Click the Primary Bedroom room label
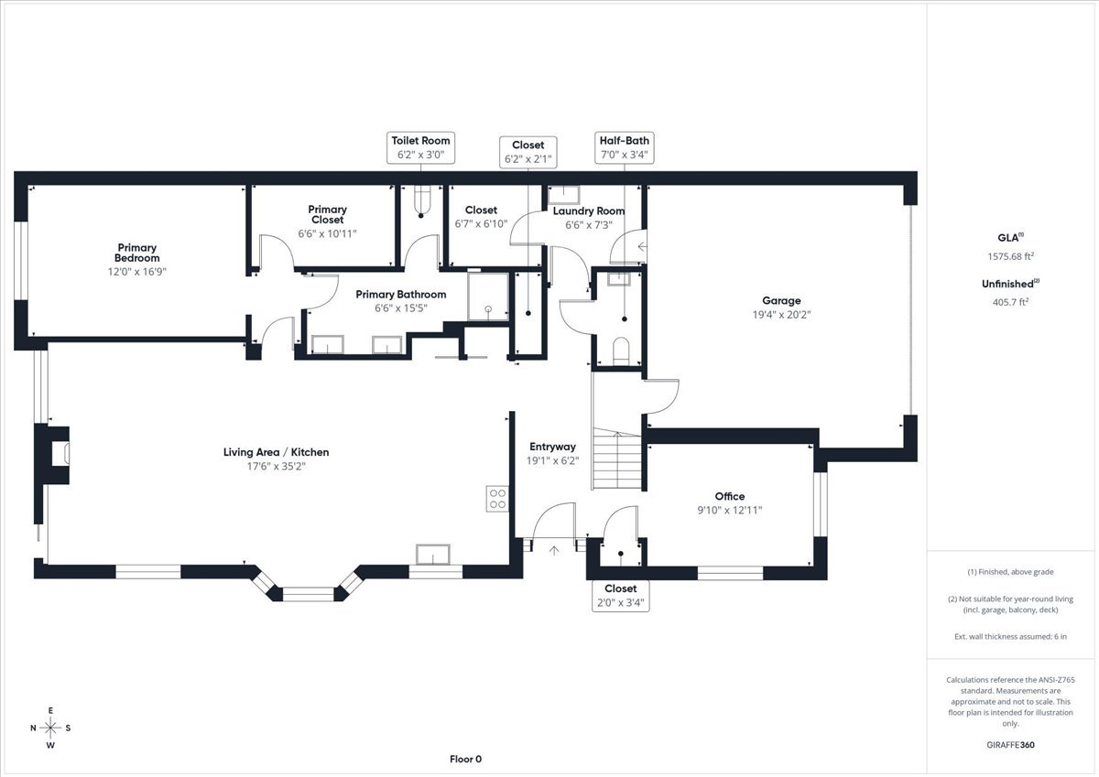click(x=136, y=253)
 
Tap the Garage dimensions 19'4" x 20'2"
click(x=781, y=314)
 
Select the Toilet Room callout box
click(x=420, y=147)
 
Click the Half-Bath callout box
click(x=626, y=147)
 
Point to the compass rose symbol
click(x=51, y=728)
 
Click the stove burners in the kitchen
click(x=497, y=499)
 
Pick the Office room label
click(x=730, y=496)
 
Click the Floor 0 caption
click(x=465, y=759)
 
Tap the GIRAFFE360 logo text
click(x=1012, y=745)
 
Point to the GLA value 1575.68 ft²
click(x=1011, y=257)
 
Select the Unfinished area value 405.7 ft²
click(x=1011, y=301)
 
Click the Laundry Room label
click(x=589, y=211)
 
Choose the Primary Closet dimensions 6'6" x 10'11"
click(x=327, y=233)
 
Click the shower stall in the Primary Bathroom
click(x=489, y=298)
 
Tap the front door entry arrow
click(x=553, y=550)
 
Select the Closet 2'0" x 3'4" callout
click(x=620, y=595)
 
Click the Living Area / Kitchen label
click(x=276, y=452)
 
